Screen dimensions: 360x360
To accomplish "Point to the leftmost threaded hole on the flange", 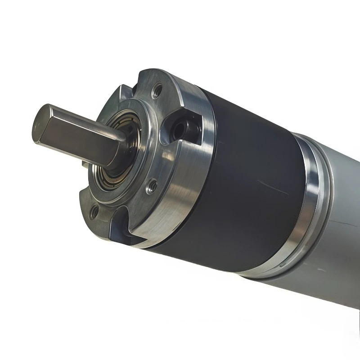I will click(93, 210).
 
